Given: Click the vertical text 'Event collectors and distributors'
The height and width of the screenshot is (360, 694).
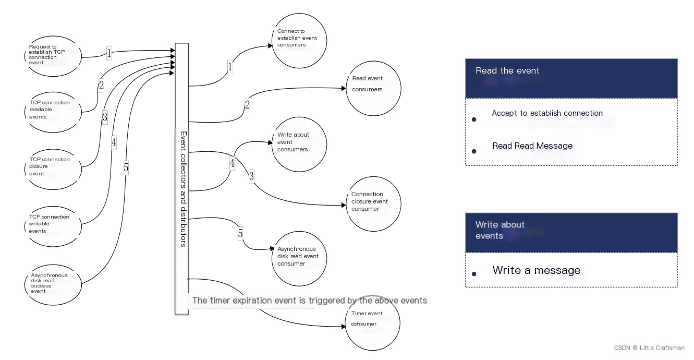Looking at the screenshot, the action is pos(184,189).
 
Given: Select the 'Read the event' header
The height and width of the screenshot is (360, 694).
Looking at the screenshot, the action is pos(571,78).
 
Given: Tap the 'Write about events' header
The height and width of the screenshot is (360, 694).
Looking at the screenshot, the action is pos(571,233).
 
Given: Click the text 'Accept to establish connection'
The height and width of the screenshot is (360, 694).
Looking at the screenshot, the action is pos(547,113).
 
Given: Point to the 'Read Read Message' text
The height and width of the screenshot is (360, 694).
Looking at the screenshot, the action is pos(532,146).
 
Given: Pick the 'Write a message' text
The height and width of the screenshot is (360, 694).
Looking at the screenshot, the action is pos(537,270).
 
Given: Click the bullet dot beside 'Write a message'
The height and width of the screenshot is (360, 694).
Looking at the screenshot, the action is pos(474,274).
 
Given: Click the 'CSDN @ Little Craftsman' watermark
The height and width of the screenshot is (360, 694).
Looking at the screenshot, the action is pos(649,348).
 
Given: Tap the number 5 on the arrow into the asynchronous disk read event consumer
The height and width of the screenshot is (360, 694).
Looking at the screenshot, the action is pos(240,233).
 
